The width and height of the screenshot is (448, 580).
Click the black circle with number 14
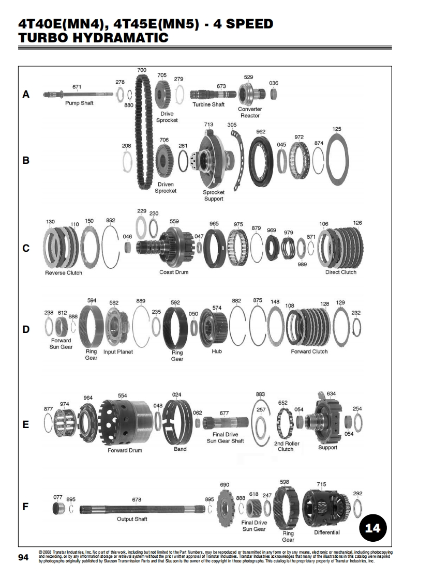coord(372,528)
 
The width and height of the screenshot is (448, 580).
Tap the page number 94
coord(23,557)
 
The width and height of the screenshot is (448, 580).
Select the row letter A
coord(26,95)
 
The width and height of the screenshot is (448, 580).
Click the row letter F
coord(26,507)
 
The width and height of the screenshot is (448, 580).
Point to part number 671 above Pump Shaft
coord(77,86)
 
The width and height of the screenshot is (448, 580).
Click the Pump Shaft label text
coord(79,103)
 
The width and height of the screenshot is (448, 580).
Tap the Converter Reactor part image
coord(253,95)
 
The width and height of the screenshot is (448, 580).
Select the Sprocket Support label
coord(213,195)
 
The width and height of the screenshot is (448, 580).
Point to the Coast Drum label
coord(174,272)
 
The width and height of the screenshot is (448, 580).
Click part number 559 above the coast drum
coord(174,222)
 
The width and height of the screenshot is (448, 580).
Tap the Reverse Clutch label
coord(64,272)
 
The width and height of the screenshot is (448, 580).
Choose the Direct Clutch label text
coord(340,272)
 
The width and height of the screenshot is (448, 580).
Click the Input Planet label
coord(118,352)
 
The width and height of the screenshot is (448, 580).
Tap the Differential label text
coord(327,532)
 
